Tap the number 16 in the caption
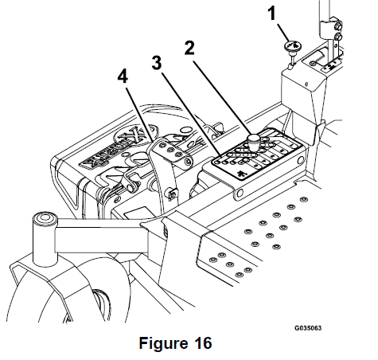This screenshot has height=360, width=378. pos(201,343)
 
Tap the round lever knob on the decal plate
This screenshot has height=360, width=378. pos(254,142)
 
